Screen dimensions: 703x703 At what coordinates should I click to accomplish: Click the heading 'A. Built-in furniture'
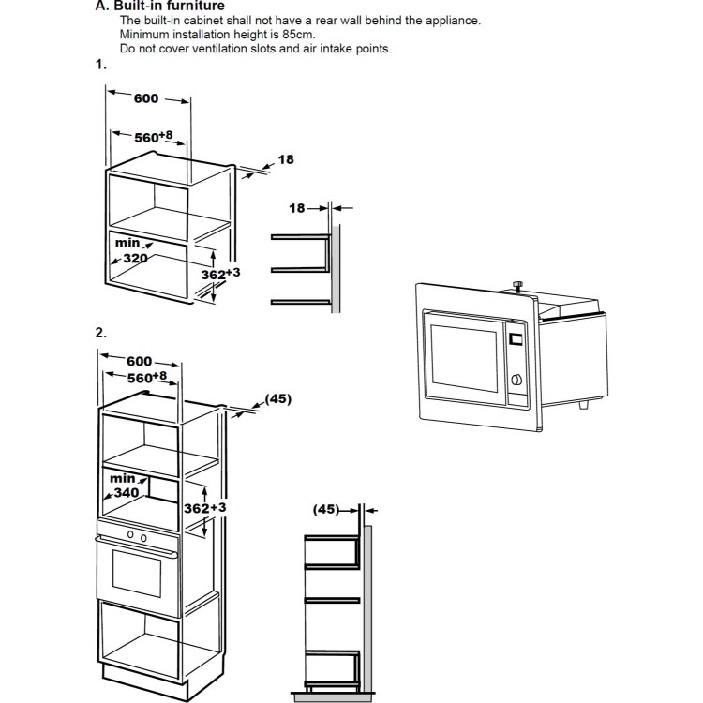coord(159,6)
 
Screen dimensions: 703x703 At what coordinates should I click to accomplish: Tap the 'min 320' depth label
coord(130,249)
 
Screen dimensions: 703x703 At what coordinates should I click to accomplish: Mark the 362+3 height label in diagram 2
coord(205,507)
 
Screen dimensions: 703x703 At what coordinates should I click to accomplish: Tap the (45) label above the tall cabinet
coord(278,398)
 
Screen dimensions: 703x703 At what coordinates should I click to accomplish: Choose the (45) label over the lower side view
coord(326,510)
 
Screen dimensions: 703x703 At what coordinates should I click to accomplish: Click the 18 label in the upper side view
coord(296,208)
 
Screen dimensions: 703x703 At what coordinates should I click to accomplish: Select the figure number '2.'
coord(101,333)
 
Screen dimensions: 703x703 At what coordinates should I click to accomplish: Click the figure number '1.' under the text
coord(101,66)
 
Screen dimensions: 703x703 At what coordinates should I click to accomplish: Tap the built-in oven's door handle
coord(137,550)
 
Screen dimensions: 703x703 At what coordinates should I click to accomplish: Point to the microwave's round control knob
coord(514,381)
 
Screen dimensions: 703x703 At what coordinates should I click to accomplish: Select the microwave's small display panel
coord(514,338)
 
